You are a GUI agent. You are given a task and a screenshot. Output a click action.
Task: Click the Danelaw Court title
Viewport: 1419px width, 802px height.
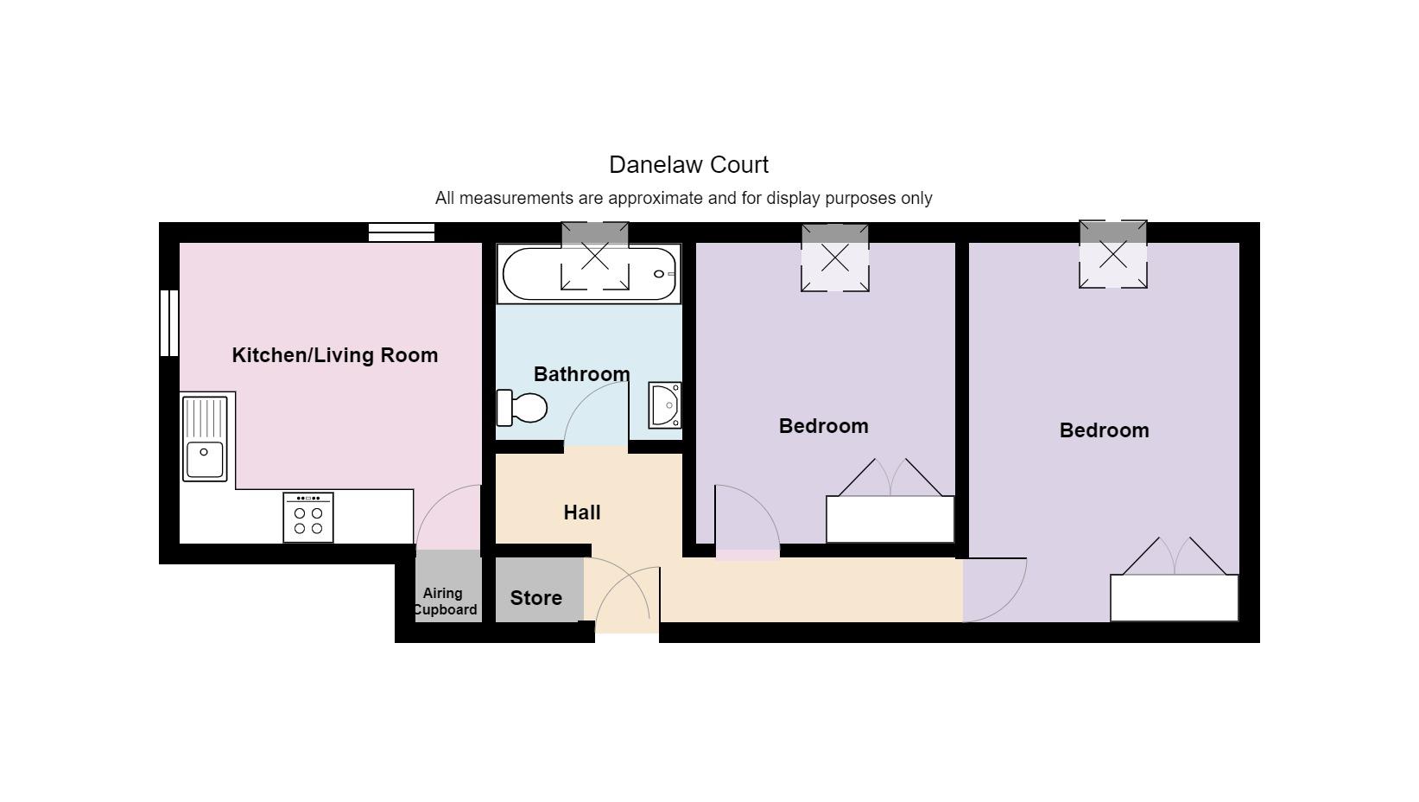(688, 164)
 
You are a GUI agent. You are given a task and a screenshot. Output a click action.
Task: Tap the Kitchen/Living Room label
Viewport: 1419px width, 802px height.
(335, 355)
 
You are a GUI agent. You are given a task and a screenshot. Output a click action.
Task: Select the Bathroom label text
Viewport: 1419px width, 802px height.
(581, 374)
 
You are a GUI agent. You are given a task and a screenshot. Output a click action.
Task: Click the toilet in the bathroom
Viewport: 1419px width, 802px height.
(523, 407)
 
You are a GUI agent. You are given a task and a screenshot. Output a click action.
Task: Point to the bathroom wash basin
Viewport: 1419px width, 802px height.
(665, 405)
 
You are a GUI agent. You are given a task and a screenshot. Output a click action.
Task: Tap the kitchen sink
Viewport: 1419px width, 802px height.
(204, 439)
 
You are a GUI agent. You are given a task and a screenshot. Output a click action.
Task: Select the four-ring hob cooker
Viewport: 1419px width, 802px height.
(308, 518)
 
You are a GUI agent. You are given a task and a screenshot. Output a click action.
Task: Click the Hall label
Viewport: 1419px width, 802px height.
(582, 512)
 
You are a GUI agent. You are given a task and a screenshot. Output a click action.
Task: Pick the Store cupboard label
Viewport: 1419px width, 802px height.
(535, 598)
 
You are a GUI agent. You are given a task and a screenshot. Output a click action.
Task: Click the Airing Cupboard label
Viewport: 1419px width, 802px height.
(445, 601)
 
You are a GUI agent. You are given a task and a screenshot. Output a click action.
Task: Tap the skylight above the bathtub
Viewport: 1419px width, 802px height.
(595, 256)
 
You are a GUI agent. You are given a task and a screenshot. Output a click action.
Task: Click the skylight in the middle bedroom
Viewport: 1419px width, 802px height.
(834, 258)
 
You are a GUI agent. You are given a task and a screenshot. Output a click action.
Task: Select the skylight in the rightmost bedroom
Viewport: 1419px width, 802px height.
(1113, 254)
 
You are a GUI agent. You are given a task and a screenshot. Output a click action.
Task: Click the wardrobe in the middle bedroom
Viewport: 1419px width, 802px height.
(890, 519)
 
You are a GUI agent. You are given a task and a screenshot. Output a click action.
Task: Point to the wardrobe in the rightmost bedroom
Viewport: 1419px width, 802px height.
(1174, 597)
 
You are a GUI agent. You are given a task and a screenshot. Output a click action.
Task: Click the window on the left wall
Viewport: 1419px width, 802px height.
(169, 323)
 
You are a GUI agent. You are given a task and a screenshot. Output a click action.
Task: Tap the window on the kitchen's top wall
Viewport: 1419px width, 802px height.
(402, 232)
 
